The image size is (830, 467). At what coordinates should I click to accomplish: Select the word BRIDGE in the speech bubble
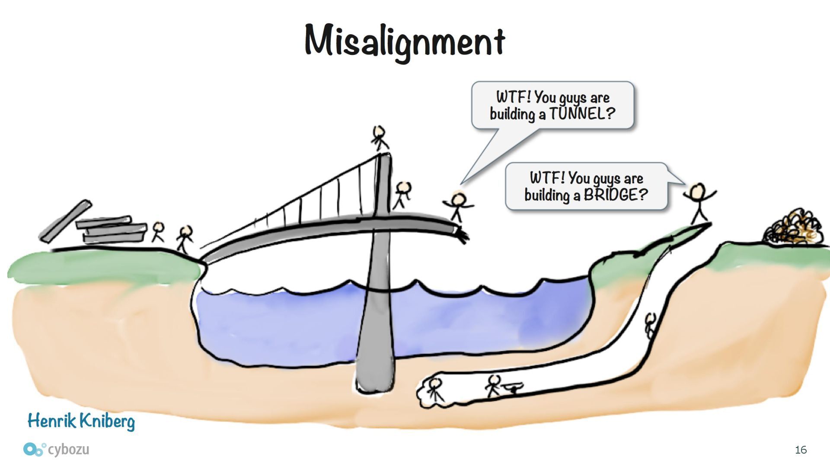point(616,195)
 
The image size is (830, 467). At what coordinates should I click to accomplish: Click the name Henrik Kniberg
point(81,421)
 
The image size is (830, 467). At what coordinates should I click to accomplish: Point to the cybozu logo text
point(68,449)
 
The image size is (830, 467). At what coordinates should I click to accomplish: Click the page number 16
point(801,450)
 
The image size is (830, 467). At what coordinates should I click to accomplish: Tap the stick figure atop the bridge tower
point(380,138)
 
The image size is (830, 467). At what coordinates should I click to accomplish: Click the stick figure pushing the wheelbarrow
point(493,386)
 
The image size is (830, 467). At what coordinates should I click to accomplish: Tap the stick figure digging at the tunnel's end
point(435,389)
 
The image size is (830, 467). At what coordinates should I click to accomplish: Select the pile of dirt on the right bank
point(792,227)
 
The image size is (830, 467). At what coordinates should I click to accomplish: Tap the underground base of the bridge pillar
point(375,372)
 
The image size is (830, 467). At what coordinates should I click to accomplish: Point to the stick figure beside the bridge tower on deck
point(402,195)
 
